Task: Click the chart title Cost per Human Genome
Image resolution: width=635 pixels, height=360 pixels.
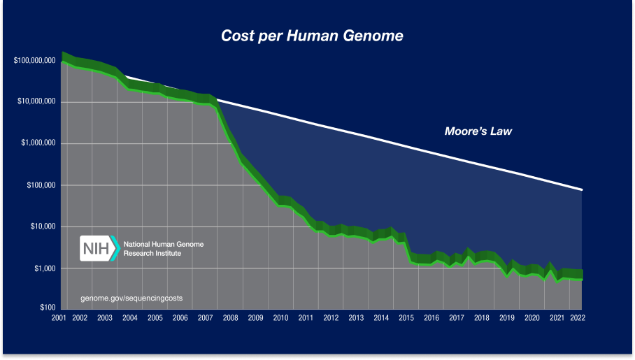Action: tap(312, 36)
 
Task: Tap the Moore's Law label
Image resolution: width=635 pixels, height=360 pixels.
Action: tap(478, 131)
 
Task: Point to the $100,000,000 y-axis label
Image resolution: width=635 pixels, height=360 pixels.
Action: tap(34, 61)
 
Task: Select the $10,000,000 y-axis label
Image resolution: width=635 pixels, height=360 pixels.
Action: tap(36, 102)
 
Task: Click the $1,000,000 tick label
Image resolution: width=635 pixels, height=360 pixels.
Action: tap(38, 144)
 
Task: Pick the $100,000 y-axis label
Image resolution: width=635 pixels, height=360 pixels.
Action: tap(41, 186)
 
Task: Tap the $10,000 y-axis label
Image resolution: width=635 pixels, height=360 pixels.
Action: tap(43, 227)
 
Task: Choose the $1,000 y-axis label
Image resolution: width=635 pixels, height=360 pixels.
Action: tap(45, 269)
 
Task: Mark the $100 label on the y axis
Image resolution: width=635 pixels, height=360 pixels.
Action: tap(48, 308)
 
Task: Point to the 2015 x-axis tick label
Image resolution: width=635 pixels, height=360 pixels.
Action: tap(406, 318)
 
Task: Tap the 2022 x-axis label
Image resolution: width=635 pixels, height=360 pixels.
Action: tap(578, 318)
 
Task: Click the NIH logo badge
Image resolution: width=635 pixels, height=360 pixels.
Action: tap(99, 248)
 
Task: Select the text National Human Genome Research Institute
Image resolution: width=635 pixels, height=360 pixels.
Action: tap(159, 249)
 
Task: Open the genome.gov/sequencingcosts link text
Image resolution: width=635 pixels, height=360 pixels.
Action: tap(131, 298)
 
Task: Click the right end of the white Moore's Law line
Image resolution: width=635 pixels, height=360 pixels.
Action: tap(582, 189)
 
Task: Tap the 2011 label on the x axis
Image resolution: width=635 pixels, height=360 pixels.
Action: tap(305, 318)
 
